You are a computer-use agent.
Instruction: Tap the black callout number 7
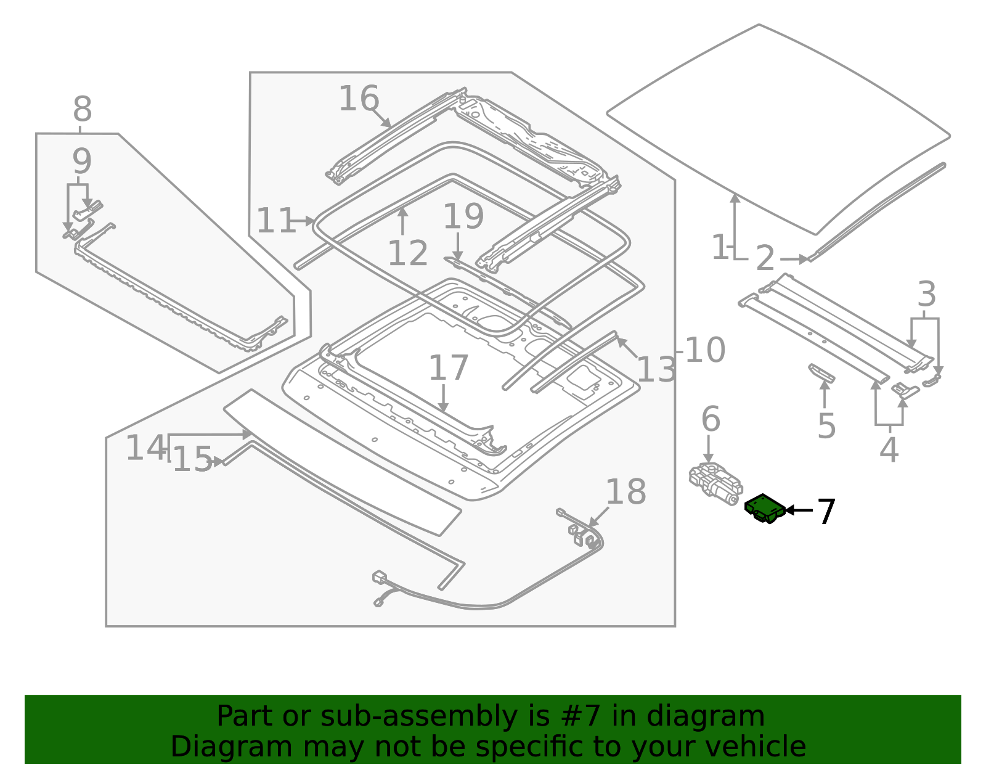tap(826, 512)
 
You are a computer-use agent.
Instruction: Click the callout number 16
tap(358, 99)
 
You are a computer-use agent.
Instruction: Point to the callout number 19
tap(463, 217)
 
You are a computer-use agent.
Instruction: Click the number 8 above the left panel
tap(82, 110)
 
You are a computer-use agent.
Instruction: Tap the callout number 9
tap(82, 162)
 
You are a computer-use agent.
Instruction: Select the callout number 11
tap(275, 221)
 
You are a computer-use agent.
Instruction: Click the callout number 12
tap(407, 254)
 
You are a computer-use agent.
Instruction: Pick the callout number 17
tap(448, 369)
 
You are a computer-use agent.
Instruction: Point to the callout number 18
tap(625, 492)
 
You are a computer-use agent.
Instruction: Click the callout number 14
tap(145, 448)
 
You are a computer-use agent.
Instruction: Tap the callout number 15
tap(192, 459)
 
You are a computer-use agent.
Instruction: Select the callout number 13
tap(656, 371)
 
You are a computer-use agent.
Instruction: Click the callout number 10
tap(704, 350)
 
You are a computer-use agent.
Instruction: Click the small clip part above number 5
tap(821, 372)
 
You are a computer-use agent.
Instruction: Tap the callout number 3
tap(926, 295)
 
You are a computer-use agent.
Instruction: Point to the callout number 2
tap(765, 258)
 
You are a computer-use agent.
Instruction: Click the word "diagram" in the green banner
tap(718, 716)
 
